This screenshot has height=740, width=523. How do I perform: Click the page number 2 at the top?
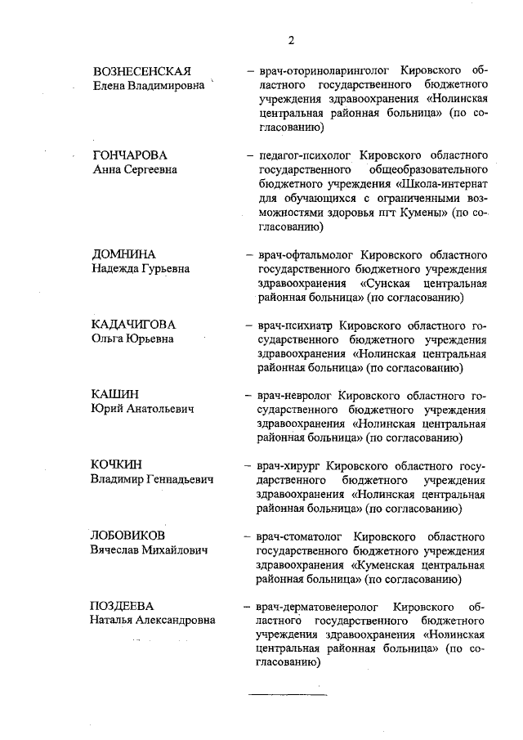(290, 39)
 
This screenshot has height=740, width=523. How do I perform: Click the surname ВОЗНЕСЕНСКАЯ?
(141, 70)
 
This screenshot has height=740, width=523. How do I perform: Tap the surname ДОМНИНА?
(123, 254)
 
